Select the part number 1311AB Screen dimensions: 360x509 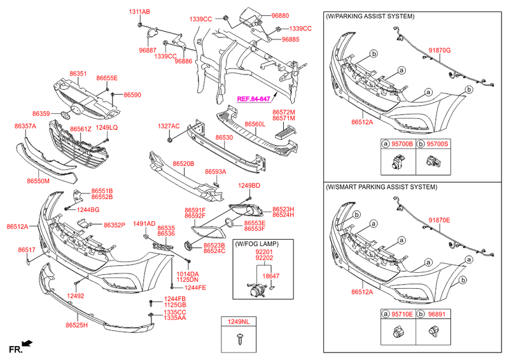pos(139,12)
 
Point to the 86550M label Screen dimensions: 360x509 pos(38,181)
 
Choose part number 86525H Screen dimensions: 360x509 pos(76,326)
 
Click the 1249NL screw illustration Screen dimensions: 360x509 pos(241,340)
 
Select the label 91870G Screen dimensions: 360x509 pos(439,50)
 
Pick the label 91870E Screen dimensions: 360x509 pos(439,220)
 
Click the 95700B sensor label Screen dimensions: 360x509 pos(402,144)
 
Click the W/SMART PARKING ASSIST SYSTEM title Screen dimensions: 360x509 pos(381,188)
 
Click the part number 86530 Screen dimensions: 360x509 pos(223,137)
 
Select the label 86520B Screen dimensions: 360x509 pos(183,163)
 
